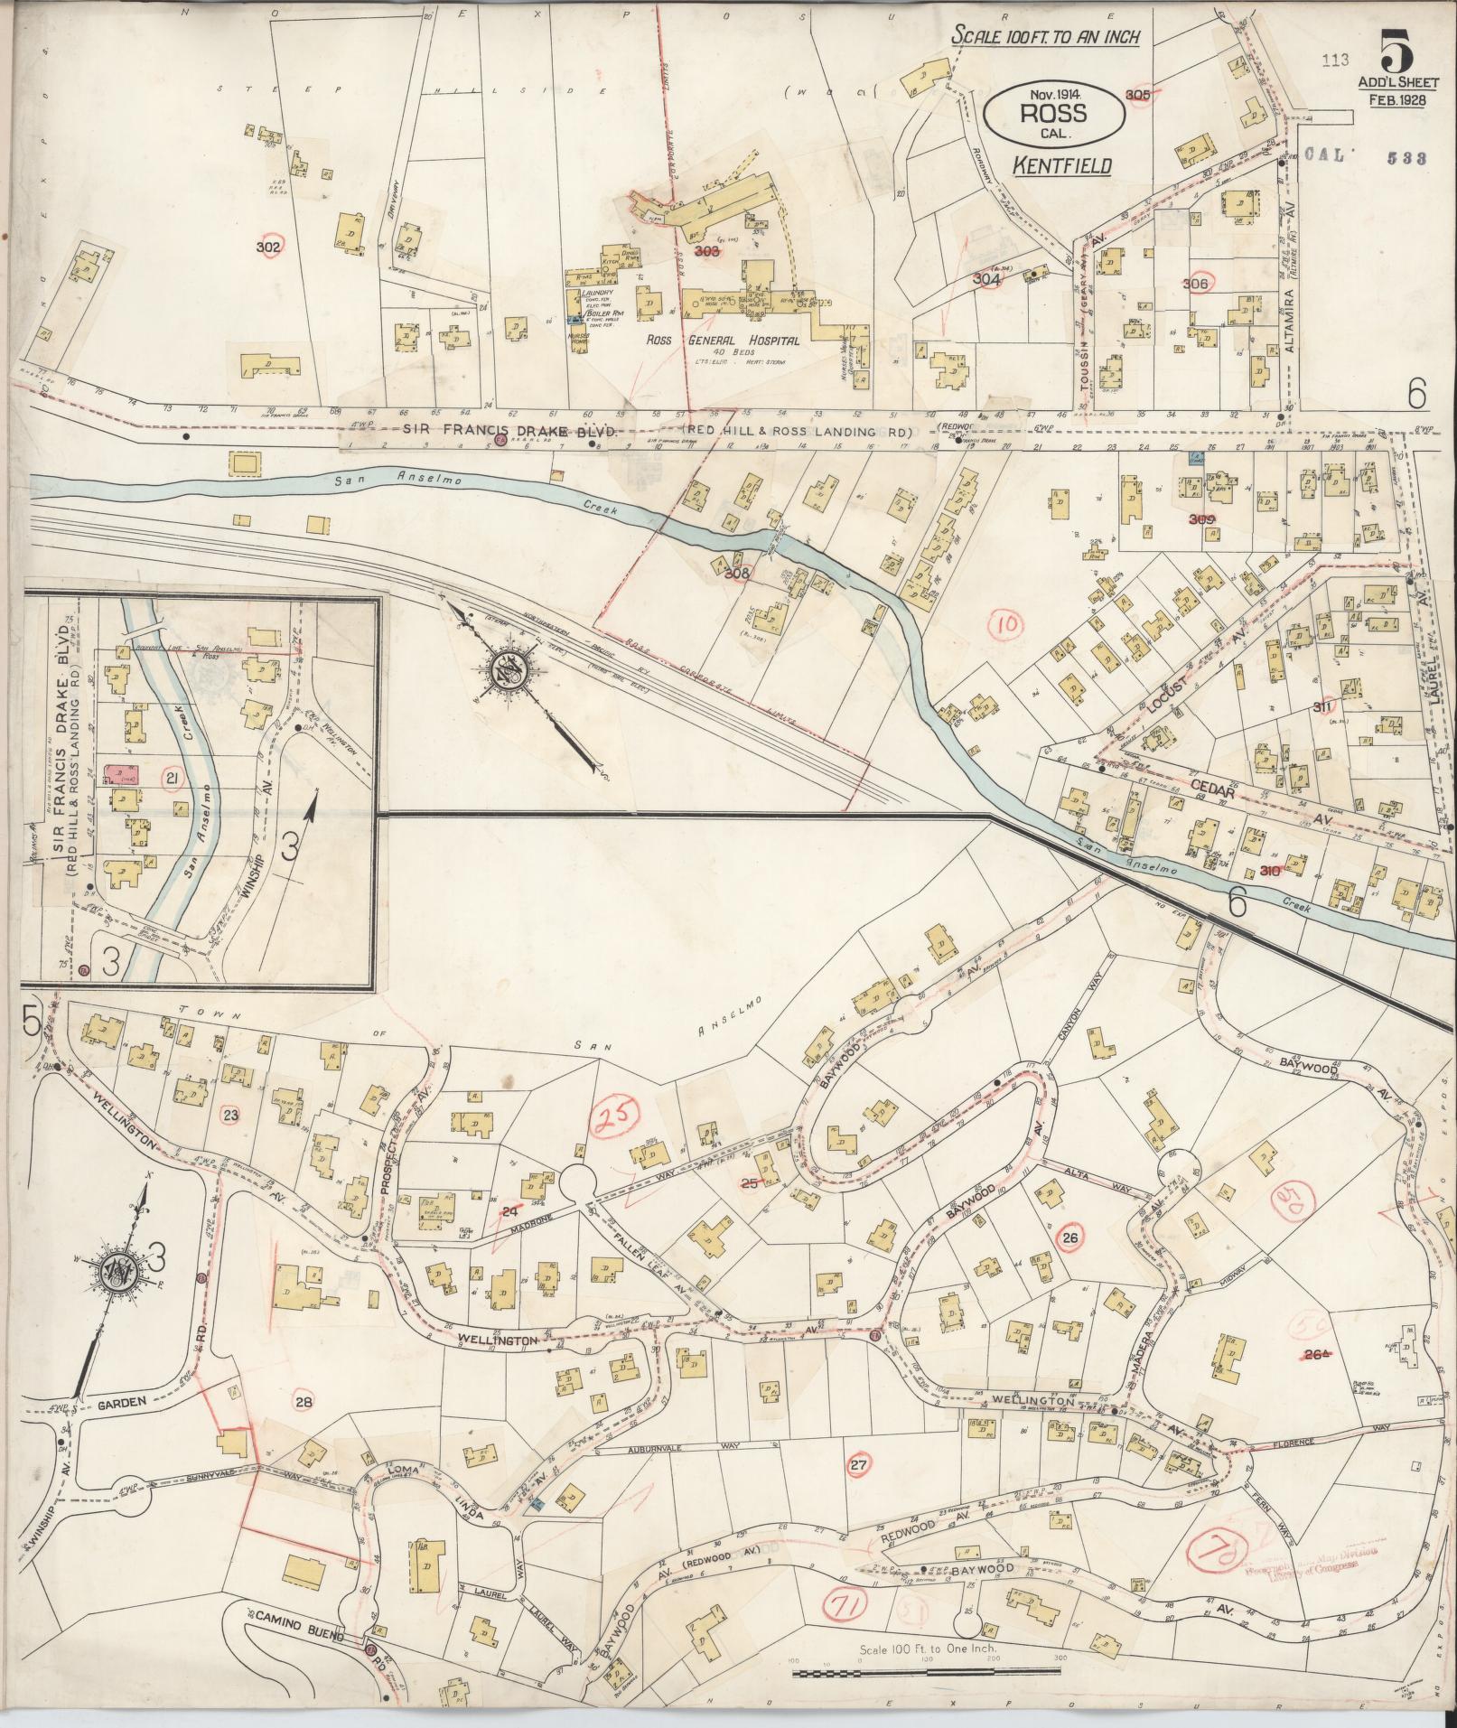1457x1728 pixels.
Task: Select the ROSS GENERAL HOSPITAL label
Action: (724, 341)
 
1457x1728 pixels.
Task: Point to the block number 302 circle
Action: (268, 247)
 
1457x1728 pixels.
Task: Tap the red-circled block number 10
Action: (1009, 623)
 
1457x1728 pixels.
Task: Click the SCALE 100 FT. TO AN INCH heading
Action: (1046, 37)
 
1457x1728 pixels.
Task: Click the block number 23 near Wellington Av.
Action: (229, 1115)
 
